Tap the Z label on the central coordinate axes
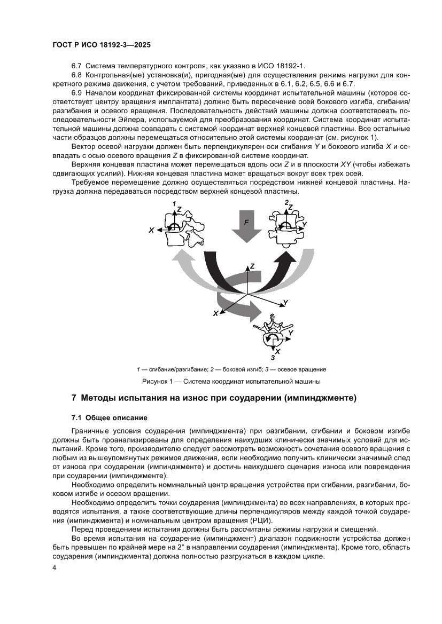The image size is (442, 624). [252, 266]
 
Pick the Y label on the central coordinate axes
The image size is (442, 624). [286, 303]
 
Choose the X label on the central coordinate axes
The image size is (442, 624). [215, 314]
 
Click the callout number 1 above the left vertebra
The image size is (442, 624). [174, 204]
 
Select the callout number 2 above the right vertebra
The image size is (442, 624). [286, 202]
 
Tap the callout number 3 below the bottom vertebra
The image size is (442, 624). [273, 357]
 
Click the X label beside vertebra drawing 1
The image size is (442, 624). [152, 230]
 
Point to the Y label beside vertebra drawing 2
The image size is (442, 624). [304, 225]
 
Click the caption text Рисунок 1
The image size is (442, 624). [158, 381]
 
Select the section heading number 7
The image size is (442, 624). [74, 398]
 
